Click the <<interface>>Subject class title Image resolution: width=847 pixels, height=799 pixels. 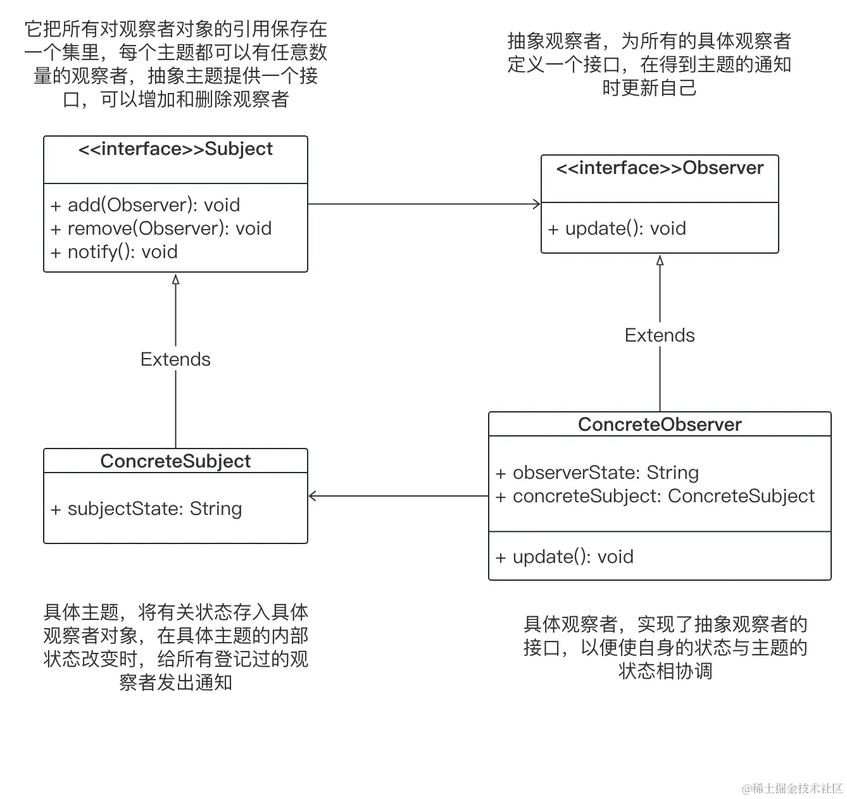click(x=175, y=149)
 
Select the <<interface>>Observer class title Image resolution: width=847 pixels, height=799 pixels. click(x=660, y=168)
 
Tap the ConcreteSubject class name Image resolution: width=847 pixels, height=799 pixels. click(x=175, y=461)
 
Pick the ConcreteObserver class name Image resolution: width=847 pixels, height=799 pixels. click(x=660, y=424)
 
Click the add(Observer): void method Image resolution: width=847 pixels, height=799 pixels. click(x=146, y=205)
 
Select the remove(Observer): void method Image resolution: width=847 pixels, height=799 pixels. click(x=161, y=228)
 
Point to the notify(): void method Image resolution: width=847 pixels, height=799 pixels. click(x=115, y=252)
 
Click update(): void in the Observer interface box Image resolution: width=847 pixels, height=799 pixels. click(x=617, y=228)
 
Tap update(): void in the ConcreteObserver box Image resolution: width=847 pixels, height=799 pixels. click(x=565, y=557)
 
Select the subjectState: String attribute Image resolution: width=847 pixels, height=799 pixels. click(x=146, y=509)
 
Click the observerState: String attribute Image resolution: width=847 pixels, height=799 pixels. click(x=597, y=473)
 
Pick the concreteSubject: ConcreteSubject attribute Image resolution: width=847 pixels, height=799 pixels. click(x=655, y=496)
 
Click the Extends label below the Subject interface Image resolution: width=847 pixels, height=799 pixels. click(x=175, y=359)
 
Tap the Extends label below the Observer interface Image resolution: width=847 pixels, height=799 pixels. click(x=660, y=335)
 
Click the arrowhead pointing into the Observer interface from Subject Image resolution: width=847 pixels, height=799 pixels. click(x=537, y=204)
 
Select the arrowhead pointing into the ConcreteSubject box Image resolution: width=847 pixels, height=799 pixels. click(x=312, y=496)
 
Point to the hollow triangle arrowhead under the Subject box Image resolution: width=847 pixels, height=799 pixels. click(x=175, y=280)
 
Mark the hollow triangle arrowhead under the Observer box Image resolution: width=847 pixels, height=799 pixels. click(x=660, y=261)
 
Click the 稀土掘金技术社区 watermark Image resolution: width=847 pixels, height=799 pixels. click(x=793, y=788)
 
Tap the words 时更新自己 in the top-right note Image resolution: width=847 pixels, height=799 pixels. click(x=649, y=88)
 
